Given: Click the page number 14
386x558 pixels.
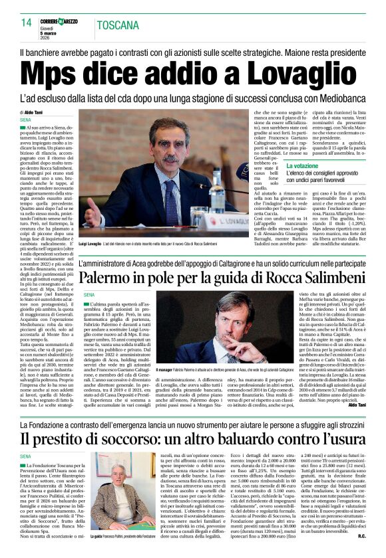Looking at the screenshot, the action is tap(27, 23).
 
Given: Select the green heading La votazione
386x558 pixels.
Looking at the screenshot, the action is tap(302, 165).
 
